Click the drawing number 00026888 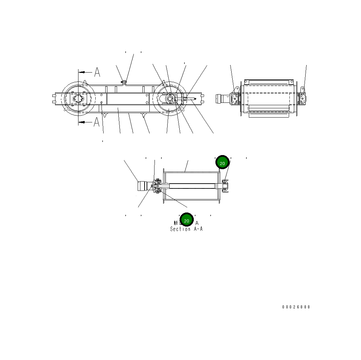coord(296,307)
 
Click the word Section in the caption coord(180,229)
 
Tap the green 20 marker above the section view coord(222,163)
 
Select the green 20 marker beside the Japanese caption coord(187,220)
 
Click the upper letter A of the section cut coord(97,72)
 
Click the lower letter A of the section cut coord(97,122)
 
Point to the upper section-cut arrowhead coord(81,73)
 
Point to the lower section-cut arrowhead coord(81,122)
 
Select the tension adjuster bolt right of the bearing coord(190,99)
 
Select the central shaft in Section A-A coord(191,186)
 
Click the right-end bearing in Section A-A coord(225,186)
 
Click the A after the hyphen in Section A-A coord(201,229)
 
